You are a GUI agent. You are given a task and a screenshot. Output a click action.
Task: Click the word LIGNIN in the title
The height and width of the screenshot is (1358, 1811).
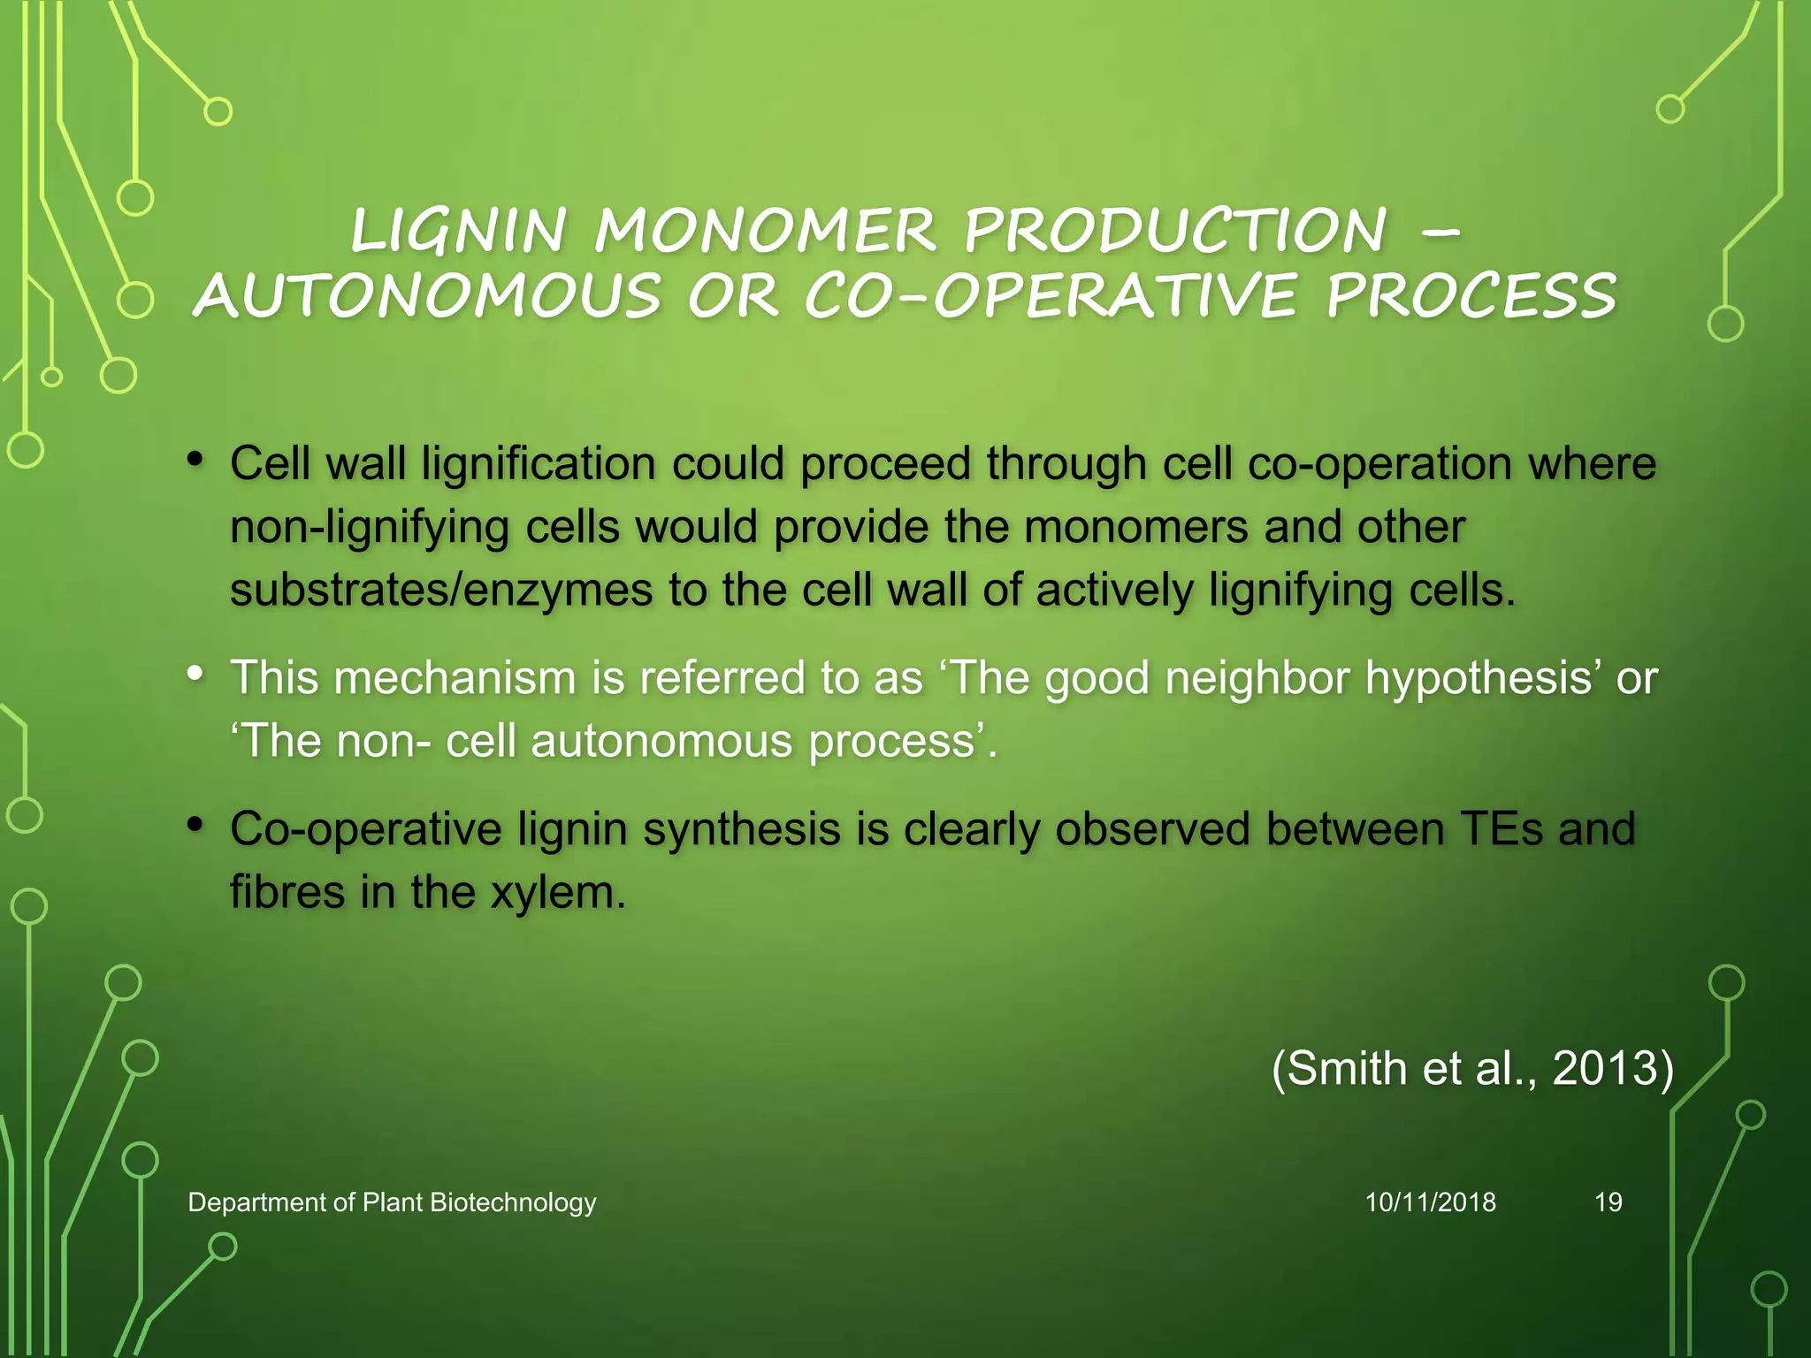coord(457,231)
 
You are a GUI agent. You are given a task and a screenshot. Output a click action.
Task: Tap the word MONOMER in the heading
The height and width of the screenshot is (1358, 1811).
coord(765,231)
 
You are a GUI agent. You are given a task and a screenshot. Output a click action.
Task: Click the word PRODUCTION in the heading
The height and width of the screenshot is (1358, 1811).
coord(1175,231)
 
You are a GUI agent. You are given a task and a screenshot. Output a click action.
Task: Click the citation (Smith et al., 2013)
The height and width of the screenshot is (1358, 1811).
coord(1472,1068)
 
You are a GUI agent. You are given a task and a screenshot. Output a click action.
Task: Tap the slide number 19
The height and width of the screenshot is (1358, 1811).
coord(1608,1202)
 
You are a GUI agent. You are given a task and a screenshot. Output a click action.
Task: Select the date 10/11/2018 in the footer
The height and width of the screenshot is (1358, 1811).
coord(1430,1202)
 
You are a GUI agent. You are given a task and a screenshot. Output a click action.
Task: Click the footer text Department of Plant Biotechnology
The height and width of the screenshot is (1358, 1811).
coord(392,1202)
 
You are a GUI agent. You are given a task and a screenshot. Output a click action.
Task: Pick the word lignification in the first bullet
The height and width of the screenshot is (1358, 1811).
coord(538,463)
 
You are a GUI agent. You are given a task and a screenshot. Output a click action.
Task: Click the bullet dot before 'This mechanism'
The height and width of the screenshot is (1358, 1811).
coord(195,674)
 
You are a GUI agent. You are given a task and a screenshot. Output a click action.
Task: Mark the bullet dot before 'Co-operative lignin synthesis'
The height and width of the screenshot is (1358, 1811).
coord(195,825)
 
